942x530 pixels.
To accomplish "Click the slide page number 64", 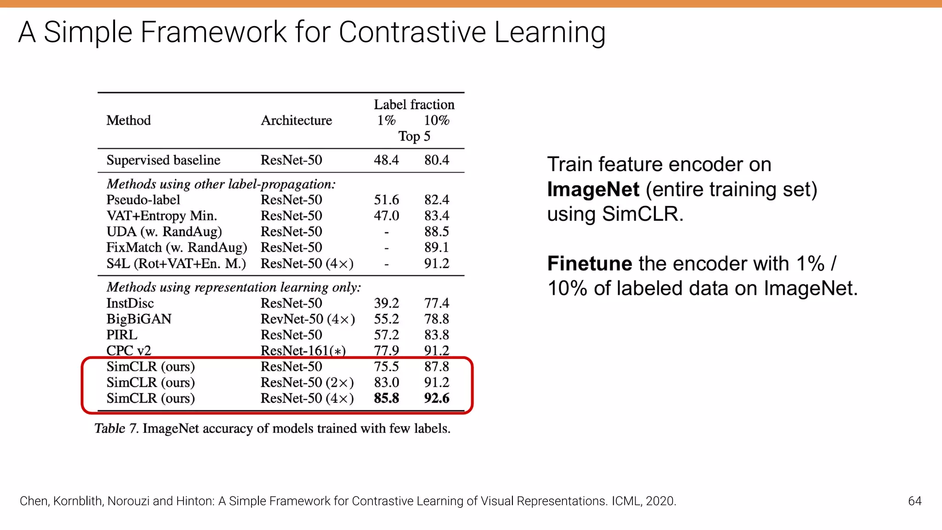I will [914, 501].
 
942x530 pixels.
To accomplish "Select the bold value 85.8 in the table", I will [386, 398].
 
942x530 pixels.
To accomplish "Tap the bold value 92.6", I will [437, 398].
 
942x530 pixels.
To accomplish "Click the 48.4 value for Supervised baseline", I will [386, 160].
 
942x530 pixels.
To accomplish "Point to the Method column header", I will [129, 121].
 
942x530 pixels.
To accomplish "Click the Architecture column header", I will [296, 121].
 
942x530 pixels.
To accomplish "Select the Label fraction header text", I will [414, 105].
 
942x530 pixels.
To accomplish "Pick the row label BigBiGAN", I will [139, 319].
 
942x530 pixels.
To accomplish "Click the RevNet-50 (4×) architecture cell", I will [308, 319].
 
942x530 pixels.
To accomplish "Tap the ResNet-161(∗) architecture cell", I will [303, 351].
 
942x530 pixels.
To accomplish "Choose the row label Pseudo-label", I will [143, 200].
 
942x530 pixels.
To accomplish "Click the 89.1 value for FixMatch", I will [437, 248].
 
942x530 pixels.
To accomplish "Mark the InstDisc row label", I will [130, 303].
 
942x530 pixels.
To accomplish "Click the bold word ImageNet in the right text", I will [593, 190].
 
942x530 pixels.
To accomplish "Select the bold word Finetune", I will [590, 264].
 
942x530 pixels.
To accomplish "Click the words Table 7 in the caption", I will [116, 429].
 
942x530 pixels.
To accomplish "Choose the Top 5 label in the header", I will [414, 137].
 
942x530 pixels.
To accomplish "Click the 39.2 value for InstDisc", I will [386, 303].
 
